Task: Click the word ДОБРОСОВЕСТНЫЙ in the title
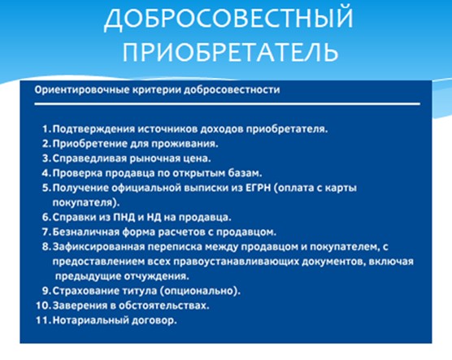pyautogui.click(x=228, y=19)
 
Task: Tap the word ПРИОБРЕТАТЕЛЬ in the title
pyautogui.click(x=231, y=52)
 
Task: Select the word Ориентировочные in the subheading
pyautogui.click(x=82, y=90)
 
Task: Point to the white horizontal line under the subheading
pyautogui.click(x=227, y=104)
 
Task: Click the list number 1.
pyautogui.click(x=46, y=129)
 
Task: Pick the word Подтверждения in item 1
pyautogui.click(x=93, y=129)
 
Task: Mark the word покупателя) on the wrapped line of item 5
pyautogui.click(x=86, y=202)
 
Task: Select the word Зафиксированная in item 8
pyautogui.click(x=98, y=247)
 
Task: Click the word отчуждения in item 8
pyautogui.click(x=157, y=276)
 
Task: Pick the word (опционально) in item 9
pyautogui.click(x=200, y=291)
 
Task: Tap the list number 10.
pyautogui.click(x=44, y=306)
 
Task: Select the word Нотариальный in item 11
pyautogui.click(x=90, y=320)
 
